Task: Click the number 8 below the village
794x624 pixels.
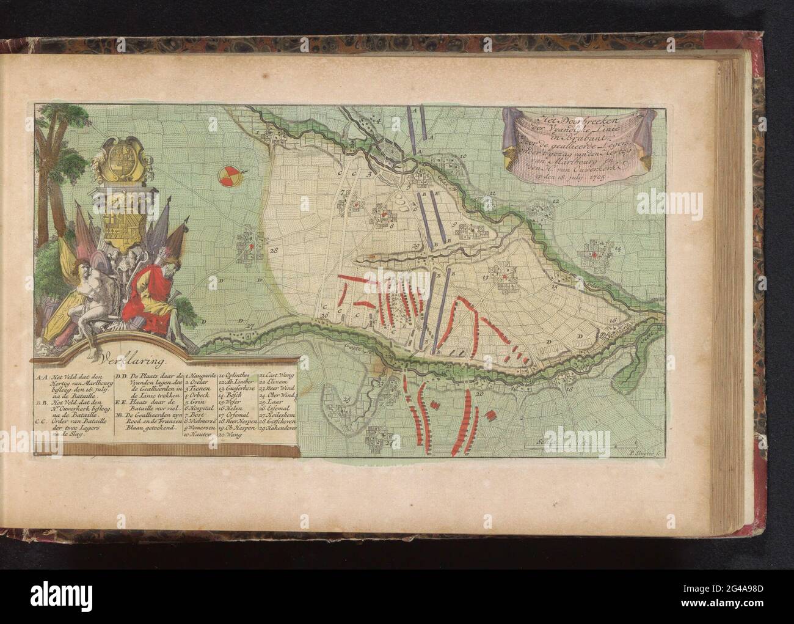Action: pyautogui.click(x=392, y=226)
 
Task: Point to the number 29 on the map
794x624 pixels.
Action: pyautogui.click(x=416, y=246)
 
